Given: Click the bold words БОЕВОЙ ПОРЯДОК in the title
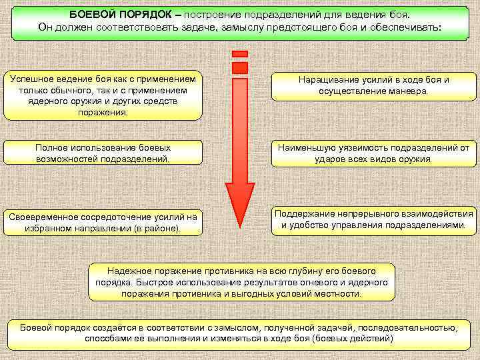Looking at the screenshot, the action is coord(125,15).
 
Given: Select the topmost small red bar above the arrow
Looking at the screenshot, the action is coord(239,53).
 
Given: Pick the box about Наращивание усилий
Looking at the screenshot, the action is coord(373,85).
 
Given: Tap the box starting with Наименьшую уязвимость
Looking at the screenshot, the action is coord(373,153).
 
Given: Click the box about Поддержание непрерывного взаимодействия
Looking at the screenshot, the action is coord(373,220).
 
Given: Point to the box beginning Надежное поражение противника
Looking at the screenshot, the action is coord(241,282).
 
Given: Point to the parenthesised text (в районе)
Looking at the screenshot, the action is coord(158,229).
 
